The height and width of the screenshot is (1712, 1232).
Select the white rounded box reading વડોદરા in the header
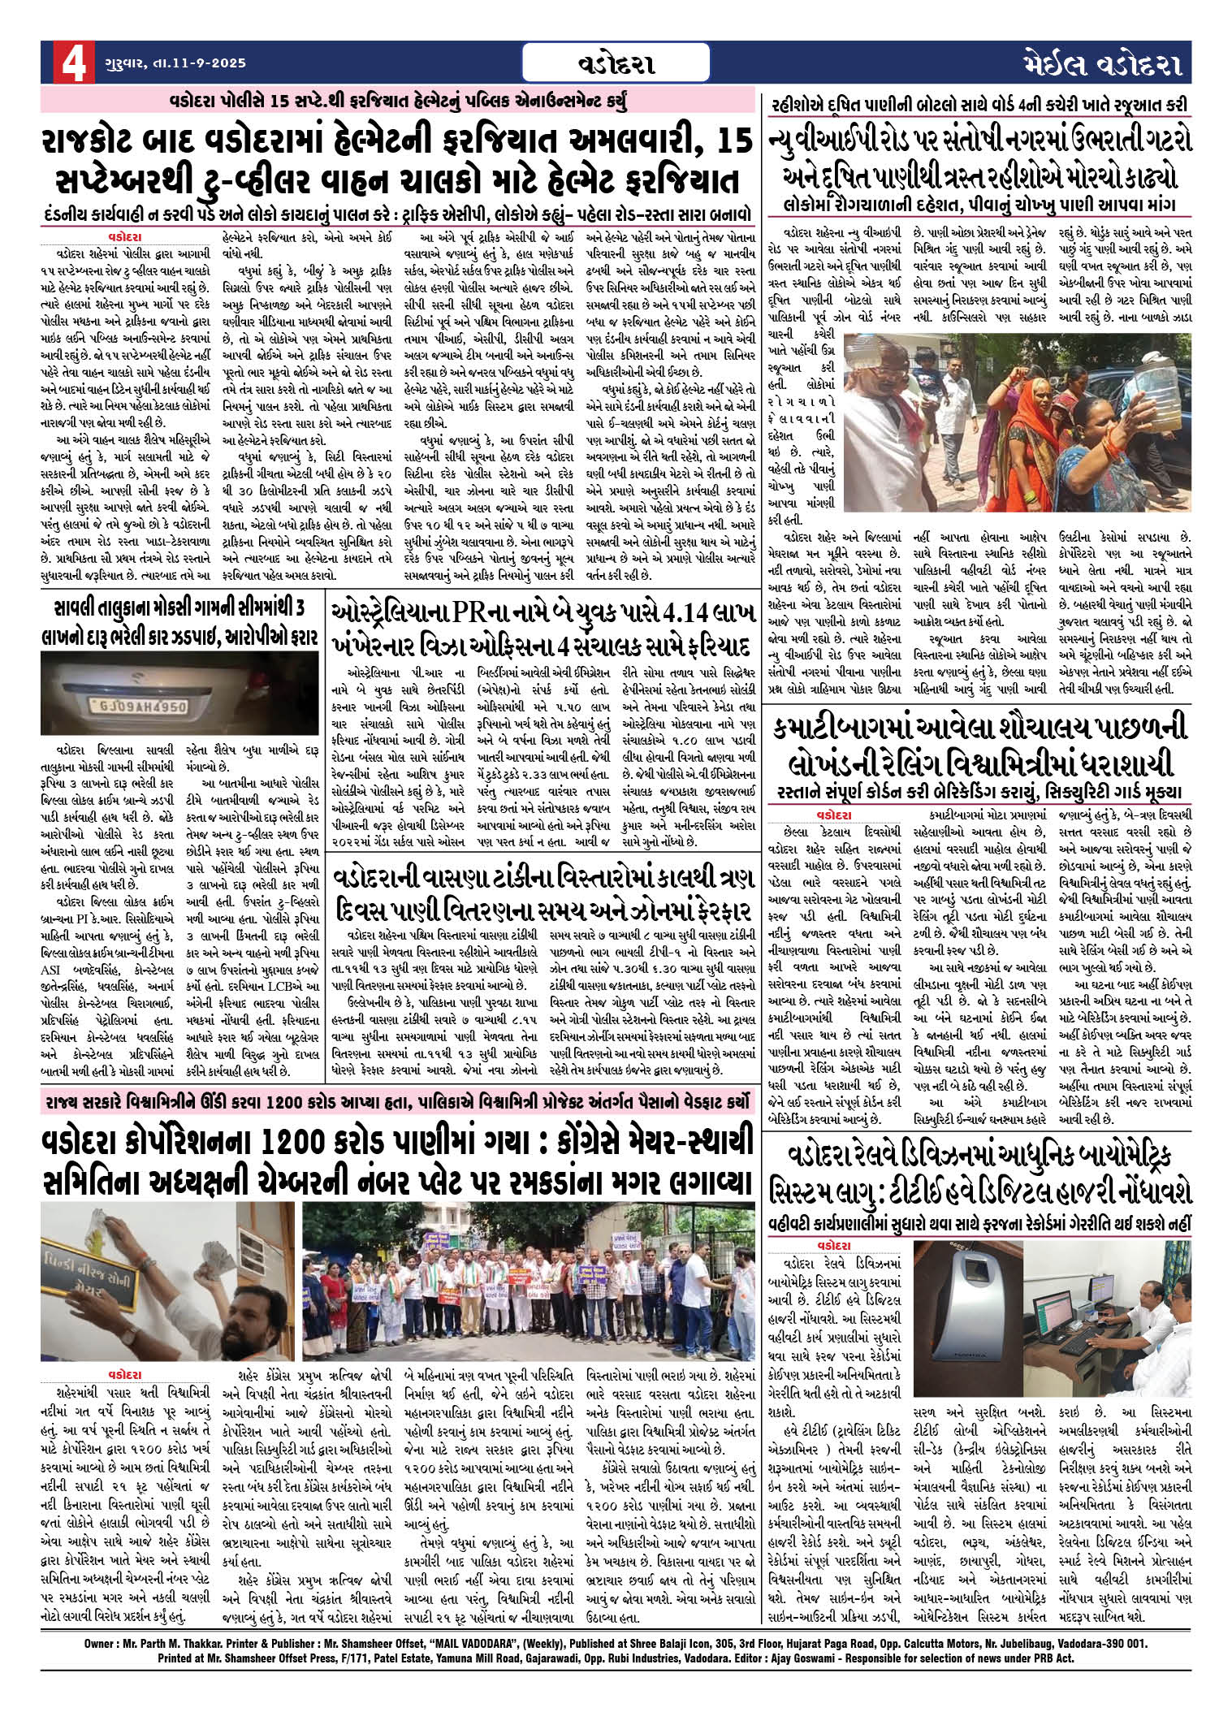tap(616, 63)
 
